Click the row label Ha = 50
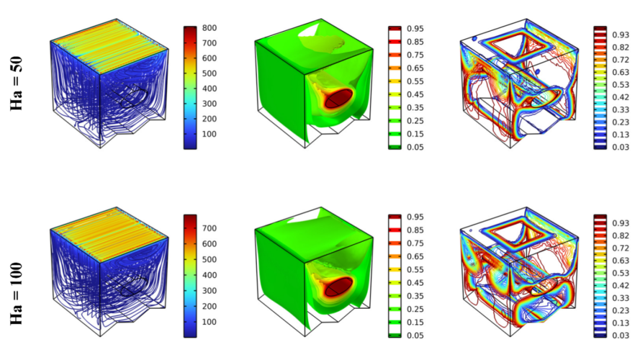(19, 87)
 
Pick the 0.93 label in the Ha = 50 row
(620, 34)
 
